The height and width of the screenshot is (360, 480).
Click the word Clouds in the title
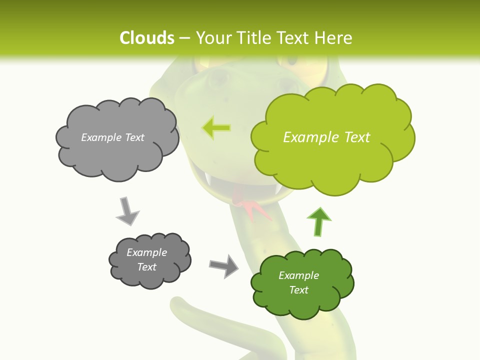click(x=147, y=38)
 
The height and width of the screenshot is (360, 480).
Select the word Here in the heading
click(x=336, y=38)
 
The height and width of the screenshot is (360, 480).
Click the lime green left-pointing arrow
click(x=216, y=128)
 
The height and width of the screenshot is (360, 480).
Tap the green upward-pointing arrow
click(x=319, y=221)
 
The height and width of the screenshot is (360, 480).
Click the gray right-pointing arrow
click(x=224, y=265)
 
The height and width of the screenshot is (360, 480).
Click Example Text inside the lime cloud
click(x=326, y=137)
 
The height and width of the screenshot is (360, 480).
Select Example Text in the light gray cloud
click(x=112, y=137)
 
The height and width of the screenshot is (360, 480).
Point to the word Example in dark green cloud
click(x=298, y=275)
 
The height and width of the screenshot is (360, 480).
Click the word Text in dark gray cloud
click(x=147, y=267)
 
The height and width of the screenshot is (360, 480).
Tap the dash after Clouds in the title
click(x=184, y=38)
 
